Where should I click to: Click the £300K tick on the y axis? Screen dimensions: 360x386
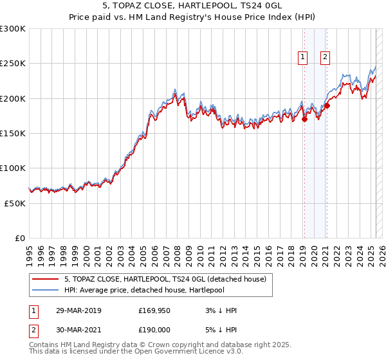pyautogui.click(x=13, y=29)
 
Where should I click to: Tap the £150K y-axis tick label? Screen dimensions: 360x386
pyautogui.click(x=13, y=134)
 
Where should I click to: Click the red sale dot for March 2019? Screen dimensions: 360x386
pyautogui.click(x=304, y=119)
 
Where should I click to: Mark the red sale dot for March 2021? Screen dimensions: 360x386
pyautogui.click(x=327, y=105)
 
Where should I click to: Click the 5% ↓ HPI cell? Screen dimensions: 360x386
pyautogui.click(x=219, y=330)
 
